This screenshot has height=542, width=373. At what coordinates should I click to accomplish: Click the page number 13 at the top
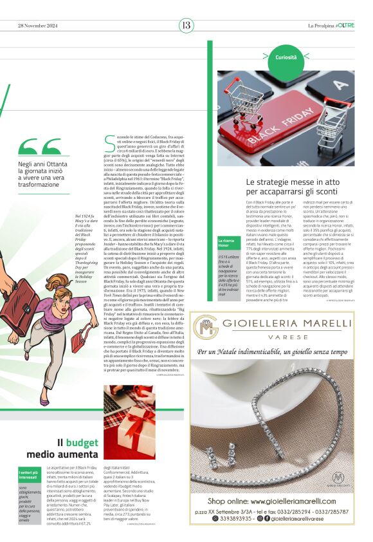(x=186, y=25)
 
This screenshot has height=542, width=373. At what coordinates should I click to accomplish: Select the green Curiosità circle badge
(x=286, y=57)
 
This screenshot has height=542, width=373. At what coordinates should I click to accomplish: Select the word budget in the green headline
(x=82, y=442)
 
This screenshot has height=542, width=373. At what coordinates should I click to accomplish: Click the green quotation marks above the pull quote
(x=39, y=147)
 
